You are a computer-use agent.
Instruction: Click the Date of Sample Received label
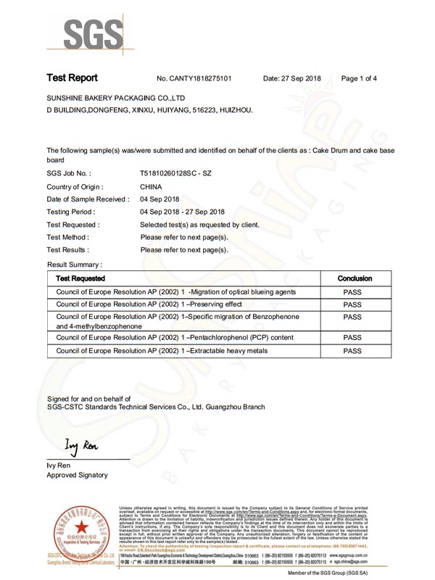point(88,200)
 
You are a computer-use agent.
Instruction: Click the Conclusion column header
point(355,278)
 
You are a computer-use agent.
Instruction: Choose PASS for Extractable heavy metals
point(352,351)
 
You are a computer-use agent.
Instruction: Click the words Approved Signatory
point(77,475)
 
